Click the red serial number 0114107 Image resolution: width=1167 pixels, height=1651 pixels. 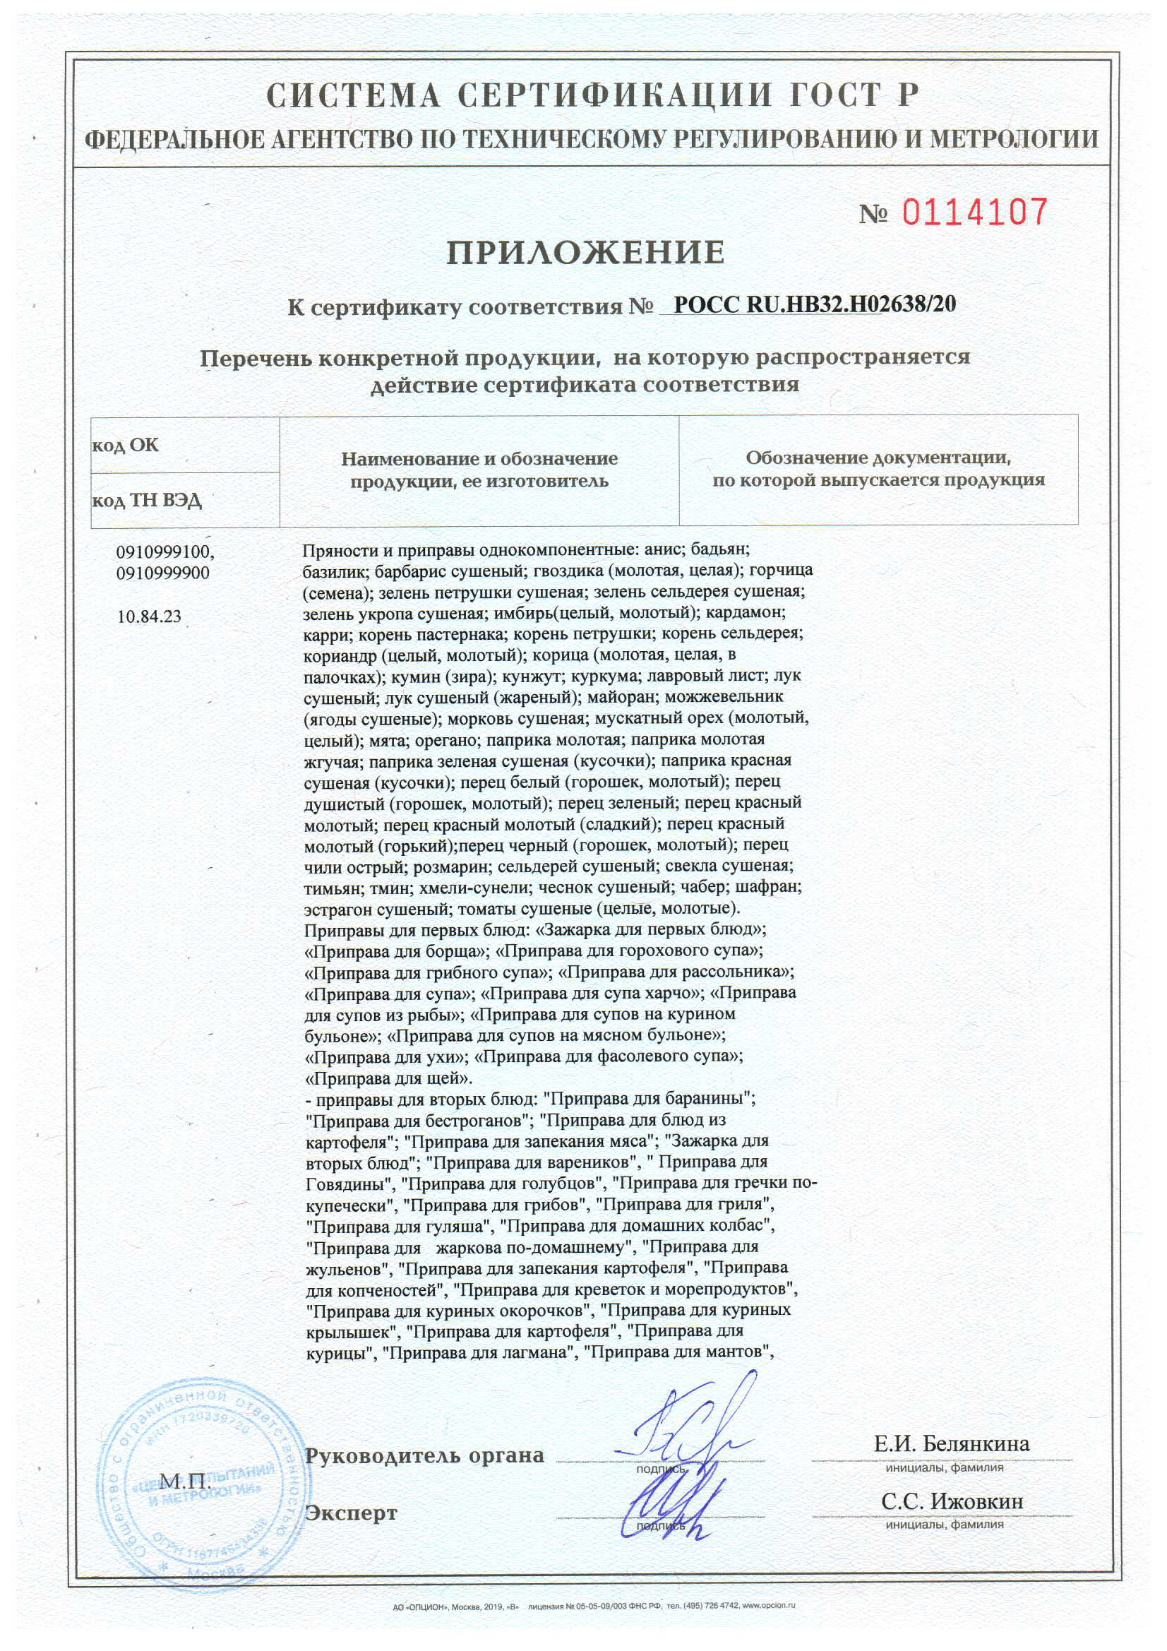(974, 212)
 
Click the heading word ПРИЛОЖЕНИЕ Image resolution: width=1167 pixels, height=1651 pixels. (586, 252)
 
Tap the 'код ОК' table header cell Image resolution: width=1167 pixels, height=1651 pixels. (125, 445)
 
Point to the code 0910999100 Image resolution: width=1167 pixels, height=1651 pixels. (164, 552)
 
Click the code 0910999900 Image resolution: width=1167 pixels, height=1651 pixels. (162, 573)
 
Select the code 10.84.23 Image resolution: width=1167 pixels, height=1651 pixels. (149, 616)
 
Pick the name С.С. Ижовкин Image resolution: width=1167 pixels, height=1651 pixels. (952, 1501)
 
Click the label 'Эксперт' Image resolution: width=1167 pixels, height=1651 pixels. (351, 1513)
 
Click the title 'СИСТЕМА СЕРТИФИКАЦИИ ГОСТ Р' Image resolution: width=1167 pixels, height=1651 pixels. (592, 96)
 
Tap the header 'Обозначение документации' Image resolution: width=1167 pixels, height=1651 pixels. (878, 458)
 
